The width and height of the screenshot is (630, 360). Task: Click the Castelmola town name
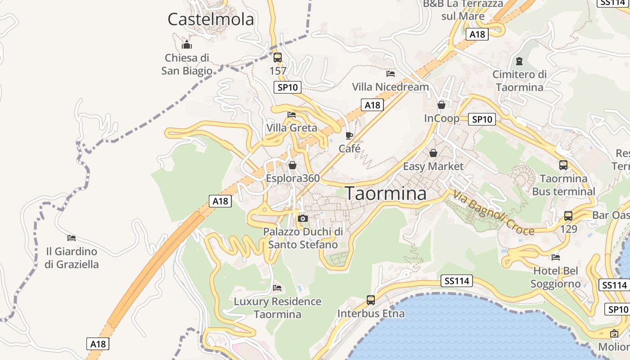[211, 19]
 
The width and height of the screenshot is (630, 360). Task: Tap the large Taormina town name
[386, 193]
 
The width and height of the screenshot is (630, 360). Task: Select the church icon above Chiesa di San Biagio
[187, 45]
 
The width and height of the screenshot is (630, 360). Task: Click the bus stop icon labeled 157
[278, 58]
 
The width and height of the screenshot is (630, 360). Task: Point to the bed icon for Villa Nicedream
[391, 73]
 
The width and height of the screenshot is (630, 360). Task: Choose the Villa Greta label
[292, 128]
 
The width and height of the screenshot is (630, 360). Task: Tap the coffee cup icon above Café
[349, 135]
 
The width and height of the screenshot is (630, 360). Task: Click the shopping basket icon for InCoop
[441, 105]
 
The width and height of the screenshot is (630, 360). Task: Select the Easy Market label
[433, 166]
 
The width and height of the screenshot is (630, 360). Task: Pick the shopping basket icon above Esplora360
[292, 165]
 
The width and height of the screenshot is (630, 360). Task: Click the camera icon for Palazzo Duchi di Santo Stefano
[303, 219]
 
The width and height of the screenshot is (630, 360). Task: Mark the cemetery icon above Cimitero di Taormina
[520, 61]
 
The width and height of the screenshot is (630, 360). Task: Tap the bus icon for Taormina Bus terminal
[563, 165]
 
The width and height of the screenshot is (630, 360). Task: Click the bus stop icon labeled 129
[568, 216]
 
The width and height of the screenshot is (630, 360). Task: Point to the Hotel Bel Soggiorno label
[556, 277]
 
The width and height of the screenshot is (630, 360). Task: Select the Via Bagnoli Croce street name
[494, 213]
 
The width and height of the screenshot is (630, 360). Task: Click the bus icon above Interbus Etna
[371, 300]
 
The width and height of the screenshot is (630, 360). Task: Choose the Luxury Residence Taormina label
[278, 308]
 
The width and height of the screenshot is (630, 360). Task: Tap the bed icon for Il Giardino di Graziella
[72, 238]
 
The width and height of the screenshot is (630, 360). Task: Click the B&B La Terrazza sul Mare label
[463, 10]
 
